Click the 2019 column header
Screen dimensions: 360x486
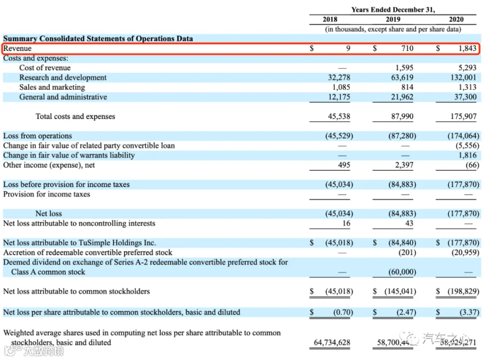393,19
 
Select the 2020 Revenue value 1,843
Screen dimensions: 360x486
467,48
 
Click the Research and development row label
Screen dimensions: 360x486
63,78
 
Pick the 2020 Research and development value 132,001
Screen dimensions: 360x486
464,78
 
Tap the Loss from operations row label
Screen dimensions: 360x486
37,136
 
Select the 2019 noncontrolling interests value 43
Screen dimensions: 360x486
409,224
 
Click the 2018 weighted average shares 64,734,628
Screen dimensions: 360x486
333,343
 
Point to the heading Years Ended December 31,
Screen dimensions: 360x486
393,10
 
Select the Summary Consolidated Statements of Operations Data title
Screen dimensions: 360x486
98,39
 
